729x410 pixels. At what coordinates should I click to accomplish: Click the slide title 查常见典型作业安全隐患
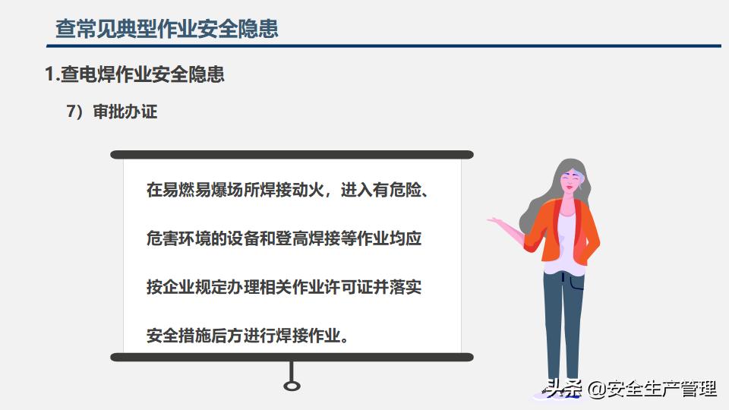pos(167,28)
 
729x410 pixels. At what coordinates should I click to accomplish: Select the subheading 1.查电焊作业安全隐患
pos(135,74)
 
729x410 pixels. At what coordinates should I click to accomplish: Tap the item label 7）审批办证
pos(112,112)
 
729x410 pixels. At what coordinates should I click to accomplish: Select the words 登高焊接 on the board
pos(308,238)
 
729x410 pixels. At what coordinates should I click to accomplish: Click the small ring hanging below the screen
pos(292,386)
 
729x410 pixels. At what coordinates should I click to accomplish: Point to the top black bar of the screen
pos(292,155)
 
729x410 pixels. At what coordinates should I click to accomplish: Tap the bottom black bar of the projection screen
pos(292,357)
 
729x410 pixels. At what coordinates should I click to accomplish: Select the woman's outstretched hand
pos(496,221)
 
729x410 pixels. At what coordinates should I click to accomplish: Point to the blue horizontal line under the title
pos(383,46)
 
